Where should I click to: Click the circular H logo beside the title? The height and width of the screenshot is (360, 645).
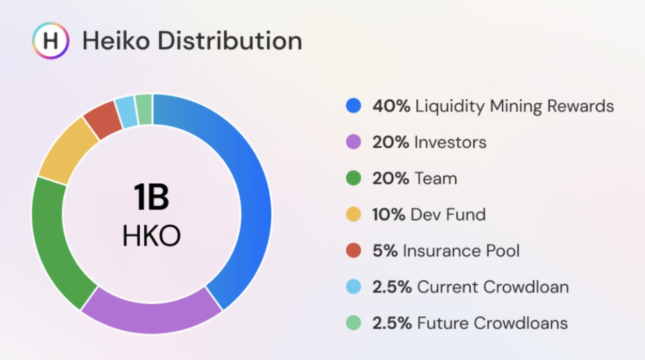51,40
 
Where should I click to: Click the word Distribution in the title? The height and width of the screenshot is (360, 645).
230,41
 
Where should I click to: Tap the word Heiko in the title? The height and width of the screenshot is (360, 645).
116,41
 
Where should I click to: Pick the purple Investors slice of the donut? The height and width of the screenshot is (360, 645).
151,316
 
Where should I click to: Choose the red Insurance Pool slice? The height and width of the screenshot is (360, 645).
101,119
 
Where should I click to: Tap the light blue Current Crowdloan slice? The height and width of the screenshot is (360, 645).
126,112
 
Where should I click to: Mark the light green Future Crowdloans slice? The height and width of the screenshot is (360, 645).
144,110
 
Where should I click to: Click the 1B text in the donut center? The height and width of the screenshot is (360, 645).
151,197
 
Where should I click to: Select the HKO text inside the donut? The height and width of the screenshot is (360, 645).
151,236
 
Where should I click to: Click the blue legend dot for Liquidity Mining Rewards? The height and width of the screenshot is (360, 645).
354,105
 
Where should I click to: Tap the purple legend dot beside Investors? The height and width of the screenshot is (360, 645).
354,142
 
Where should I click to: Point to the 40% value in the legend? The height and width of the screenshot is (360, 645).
391,106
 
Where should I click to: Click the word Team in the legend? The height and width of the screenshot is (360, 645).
436,178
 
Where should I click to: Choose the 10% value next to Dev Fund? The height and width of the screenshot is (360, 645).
388,215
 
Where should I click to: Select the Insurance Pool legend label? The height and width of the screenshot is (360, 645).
461,250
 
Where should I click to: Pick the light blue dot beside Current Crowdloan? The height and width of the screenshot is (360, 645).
354,286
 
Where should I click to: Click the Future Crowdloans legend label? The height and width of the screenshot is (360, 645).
492,323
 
